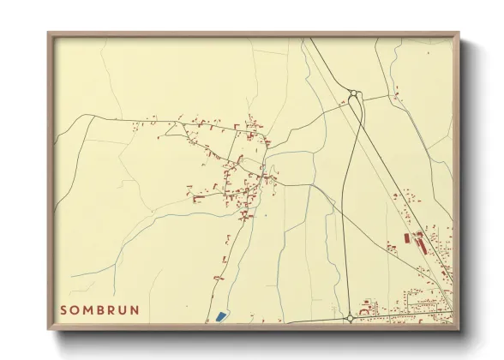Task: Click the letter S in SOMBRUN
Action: pyautogui.click(x=64, y=309)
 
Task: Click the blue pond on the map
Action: pyautogui.click(x=221, y=316)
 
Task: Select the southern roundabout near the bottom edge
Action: pyautogui.click(x=350, y=318)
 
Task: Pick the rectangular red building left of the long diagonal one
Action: pyautogui.click(x=406, y=239)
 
